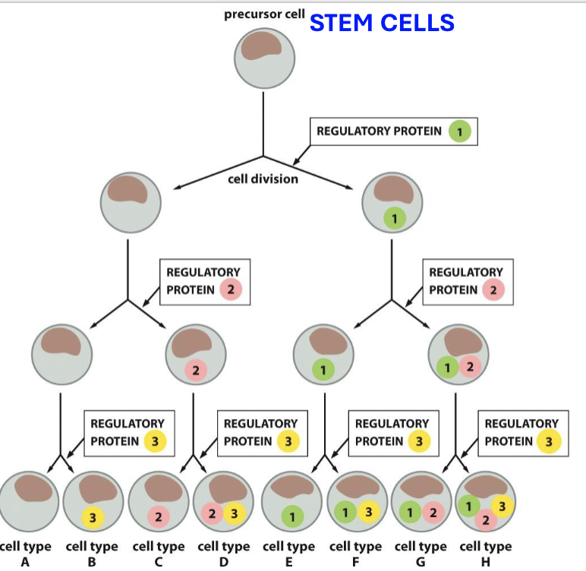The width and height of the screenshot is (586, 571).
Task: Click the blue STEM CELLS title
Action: point(382,23)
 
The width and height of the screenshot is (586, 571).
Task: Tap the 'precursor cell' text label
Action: point(264,14)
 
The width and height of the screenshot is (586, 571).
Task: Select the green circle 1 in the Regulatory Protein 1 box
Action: point(459,131)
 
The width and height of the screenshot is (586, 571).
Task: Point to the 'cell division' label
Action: point(263,179)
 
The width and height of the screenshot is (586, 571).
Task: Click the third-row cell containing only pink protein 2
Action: point(194,354)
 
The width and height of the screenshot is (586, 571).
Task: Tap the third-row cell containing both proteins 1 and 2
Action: point(458,354)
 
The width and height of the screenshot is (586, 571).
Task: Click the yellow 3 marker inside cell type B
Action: point(92,518)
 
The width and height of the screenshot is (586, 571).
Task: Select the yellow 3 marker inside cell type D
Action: point(234,515)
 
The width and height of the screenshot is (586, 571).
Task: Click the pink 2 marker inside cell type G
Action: point(433,515)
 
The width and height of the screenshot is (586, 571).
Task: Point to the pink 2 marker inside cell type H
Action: point(485,520)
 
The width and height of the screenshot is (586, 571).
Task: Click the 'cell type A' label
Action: point(25,554)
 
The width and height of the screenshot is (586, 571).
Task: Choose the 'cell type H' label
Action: point(485,554)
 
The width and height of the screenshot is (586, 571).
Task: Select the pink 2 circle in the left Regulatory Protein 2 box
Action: point(230,290)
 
